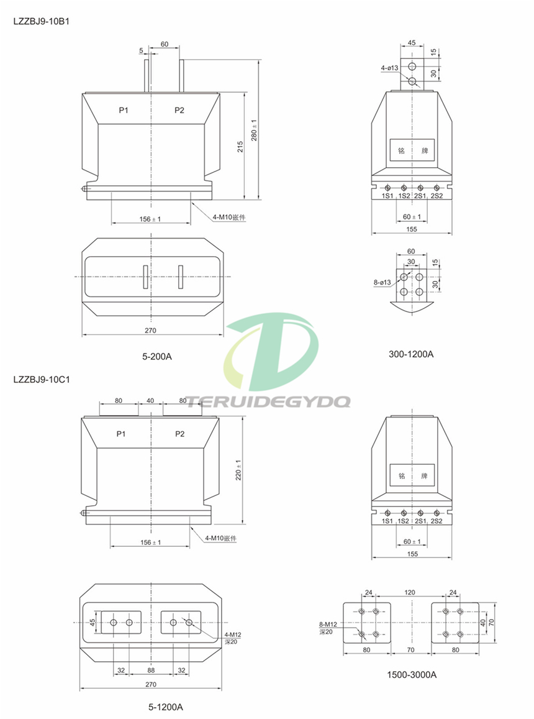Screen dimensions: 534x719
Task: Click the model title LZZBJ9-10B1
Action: click(41, 21)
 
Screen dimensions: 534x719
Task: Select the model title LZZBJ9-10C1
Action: click(42, 380)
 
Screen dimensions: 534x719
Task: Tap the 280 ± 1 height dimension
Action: click(253, 131)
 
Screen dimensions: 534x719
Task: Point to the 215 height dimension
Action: click(240, 147)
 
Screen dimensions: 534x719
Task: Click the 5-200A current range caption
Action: click(156, 357)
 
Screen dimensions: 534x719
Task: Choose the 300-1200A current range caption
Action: click(410, 354)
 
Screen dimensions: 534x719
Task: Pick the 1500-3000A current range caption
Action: click(412, 674)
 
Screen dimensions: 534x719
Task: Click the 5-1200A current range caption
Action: click(165, 707)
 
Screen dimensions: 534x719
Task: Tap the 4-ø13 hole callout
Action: click(389, 68)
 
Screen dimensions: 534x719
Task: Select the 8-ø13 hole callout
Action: click(382, 283)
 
